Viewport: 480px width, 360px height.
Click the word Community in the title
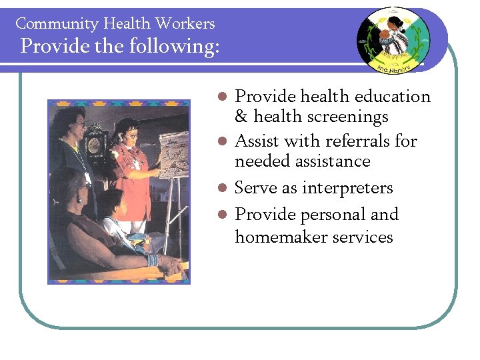tap(49, 24)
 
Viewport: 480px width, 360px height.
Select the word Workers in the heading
tap(185, 24)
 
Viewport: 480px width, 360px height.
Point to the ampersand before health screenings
tap(241, 117)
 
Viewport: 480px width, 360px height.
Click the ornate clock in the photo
tap(95, 143)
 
